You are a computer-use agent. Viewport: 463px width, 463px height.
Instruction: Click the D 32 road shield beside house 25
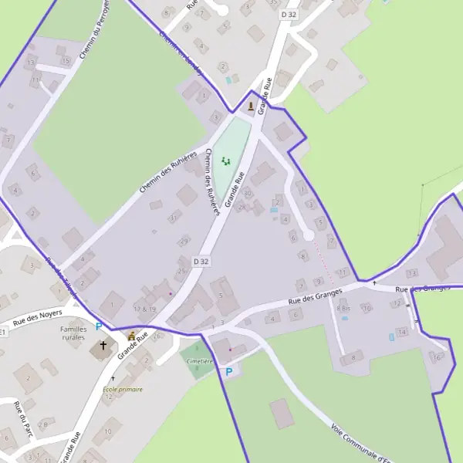(201, 262)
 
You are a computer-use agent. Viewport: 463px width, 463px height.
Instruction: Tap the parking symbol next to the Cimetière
(228, 372)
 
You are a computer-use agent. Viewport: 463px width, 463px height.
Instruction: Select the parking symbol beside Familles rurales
(99, 326)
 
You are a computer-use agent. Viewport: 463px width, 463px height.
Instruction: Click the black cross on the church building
(103, 346)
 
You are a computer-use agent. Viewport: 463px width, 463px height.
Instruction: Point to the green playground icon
(226, 161)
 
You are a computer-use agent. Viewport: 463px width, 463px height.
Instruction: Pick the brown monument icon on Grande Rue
(251, 106)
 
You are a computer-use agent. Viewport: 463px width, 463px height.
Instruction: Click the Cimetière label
(199, 361)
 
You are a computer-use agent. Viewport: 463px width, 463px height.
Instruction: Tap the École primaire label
(123, 390)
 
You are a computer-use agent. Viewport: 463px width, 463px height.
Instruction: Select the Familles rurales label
(73, 333)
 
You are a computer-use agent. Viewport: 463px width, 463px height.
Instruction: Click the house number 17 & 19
(144, 309)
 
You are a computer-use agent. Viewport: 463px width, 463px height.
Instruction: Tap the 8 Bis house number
(343, 309)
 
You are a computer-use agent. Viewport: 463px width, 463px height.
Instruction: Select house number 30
(248, 193)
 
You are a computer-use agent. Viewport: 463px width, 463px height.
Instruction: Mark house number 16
(438, 357)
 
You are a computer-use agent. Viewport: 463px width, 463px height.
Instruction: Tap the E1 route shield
(3, 332)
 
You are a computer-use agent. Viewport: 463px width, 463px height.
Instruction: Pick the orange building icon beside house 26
(132, 336)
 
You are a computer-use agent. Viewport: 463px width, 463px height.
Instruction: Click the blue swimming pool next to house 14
(390, 336)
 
